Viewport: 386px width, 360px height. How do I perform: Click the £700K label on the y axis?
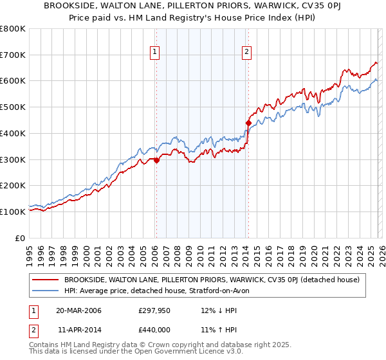pos(13,55)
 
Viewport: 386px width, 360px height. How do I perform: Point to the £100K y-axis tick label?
pos(13,212)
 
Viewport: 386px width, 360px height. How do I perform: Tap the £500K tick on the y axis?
pos(13,107)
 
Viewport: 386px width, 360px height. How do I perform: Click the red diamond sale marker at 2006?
pos(156,161)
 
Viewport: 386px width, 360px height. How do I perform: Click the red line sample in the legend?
pos(46,280)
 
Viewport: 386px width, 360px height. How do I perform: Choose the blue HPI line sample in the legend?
pos(46,291)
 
